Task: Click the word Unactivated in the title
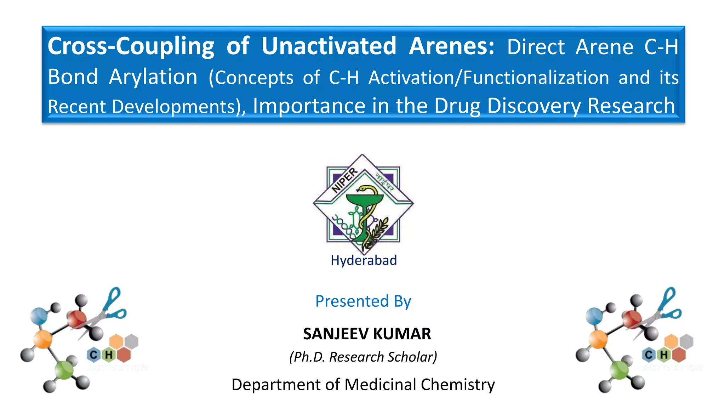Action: (x=329, y=46)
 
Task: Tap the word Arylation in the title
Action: (x=153, y=77)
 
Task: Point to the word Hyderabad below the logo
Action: (x=364, y=260)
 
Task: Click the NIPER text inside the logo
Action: (x=344, y=180)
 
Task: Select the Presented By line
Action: (x=363, y=301)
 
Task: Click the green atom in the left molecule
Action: (x=64, y=370)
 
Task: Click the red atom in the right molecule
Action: (x=632, y=319)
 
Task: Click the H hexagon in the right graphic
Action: (x=664, y=355)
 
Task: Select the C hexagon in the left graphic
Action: (x=93, y=355)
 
